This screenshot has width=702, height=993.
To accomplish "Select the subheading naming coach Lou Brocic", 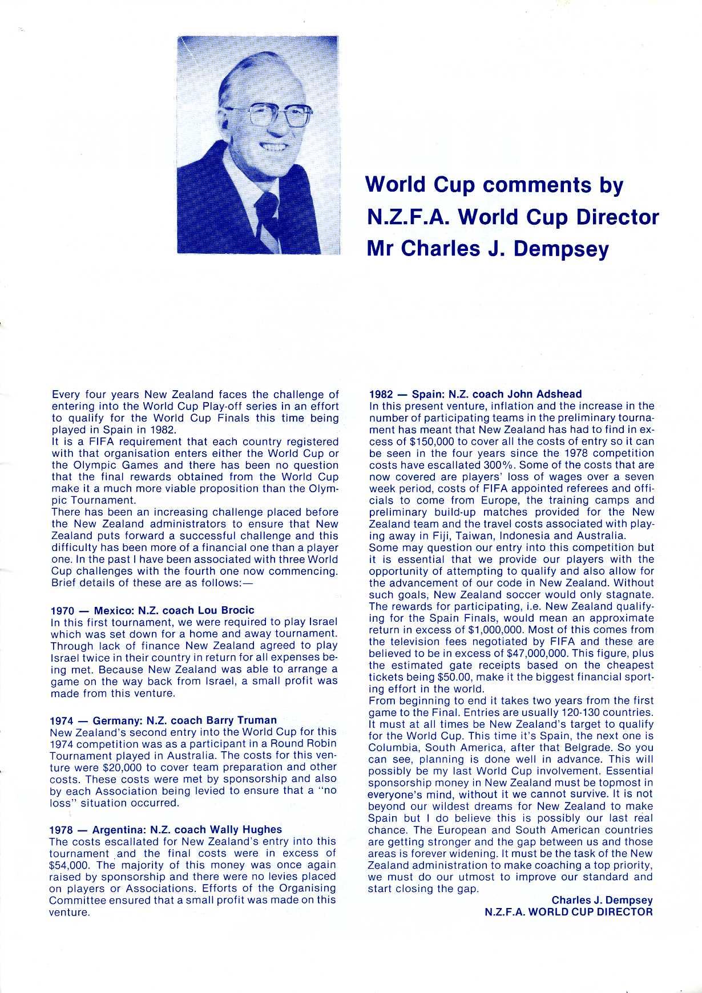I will (152, 610).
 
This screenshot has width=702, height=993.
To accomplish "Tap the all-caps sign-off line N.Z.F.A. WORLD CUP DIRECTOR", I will (568, 911).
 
